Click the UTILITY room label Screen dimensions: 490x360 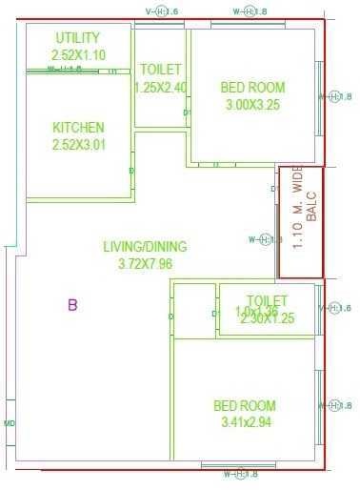77,38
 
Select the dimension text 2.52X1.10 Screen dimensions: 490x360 78,55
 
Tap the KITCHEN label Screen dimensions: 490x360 78,128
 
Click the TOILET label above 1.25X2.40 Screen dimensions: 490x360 160,70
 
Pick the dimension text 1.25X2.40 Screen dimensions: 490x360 160,87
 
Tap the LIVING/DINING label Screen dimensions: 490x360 145,247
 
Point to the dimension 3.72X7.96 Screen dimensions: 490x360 145,264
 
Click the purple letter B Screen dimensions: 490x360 71,305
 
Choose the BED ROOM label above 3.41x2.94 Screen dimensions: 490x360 245,406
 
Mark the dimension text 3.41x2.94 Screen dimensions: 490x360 245,423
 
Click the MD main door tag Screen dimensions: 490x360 10,423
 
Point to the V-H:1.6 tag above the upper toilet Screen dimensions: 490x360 160,11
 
